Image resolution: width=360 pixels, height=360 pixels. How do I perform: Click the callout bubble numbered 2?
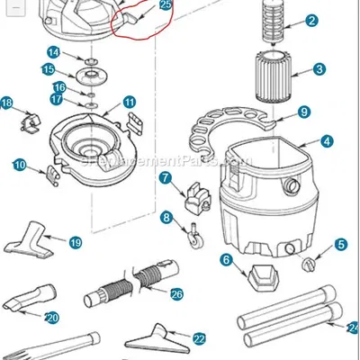click(x=311, y=21)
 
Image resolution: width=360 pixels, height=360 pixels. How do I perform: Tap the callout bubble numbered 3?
click(x=319, y=68)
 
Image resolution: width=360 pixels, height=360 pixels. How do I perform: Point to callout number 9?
click(x=304, y=112)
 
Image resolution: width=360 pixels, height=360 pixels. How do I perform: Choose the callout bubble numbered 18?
click(x=7, y=103)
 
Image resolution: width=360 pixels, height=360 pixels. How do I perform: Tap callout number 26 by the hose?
click(x=176, y=293)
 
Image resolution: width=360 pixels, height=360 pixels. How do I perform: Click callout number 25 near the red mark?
click(x=166, y=5)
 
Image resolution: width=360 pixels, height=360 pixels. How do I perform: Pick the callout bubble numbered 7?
click(x=165, y=178)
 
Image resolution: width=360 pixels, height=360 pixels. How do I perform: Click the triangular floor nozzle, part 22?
click(x=162, y=339)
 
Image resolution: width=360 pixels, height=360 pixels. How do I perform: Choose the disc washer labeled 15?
click(x=91, y=70)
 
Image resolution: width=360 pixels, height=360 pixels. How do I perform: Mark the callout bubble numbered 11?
click(x=129, y=103)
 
